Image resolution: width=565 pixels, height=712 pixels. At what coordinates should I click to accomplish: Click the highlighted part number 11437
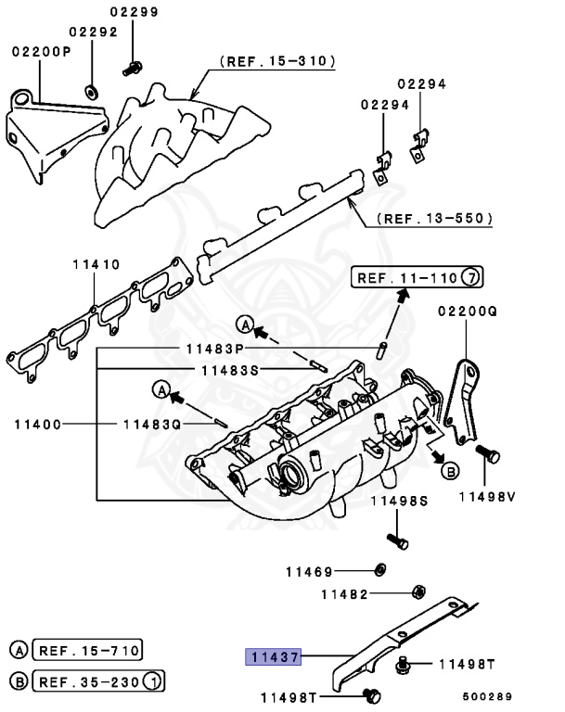(272, 656)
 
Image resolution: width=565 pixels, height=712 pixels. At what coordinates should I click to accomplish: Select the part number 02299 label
(134, 12)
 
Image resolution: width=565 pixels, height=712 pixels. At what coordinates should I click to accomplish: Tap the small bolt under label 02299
(133, 67)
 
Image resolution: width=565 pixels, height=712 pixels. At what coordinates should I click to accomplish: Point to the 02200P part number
(41, 52)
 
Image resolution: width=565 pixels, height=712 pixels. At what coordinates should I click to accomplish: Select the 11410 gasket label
(96, 265)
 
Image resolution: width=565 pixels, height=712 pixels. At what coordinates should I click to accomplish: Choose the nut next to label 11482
(417, 591)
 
